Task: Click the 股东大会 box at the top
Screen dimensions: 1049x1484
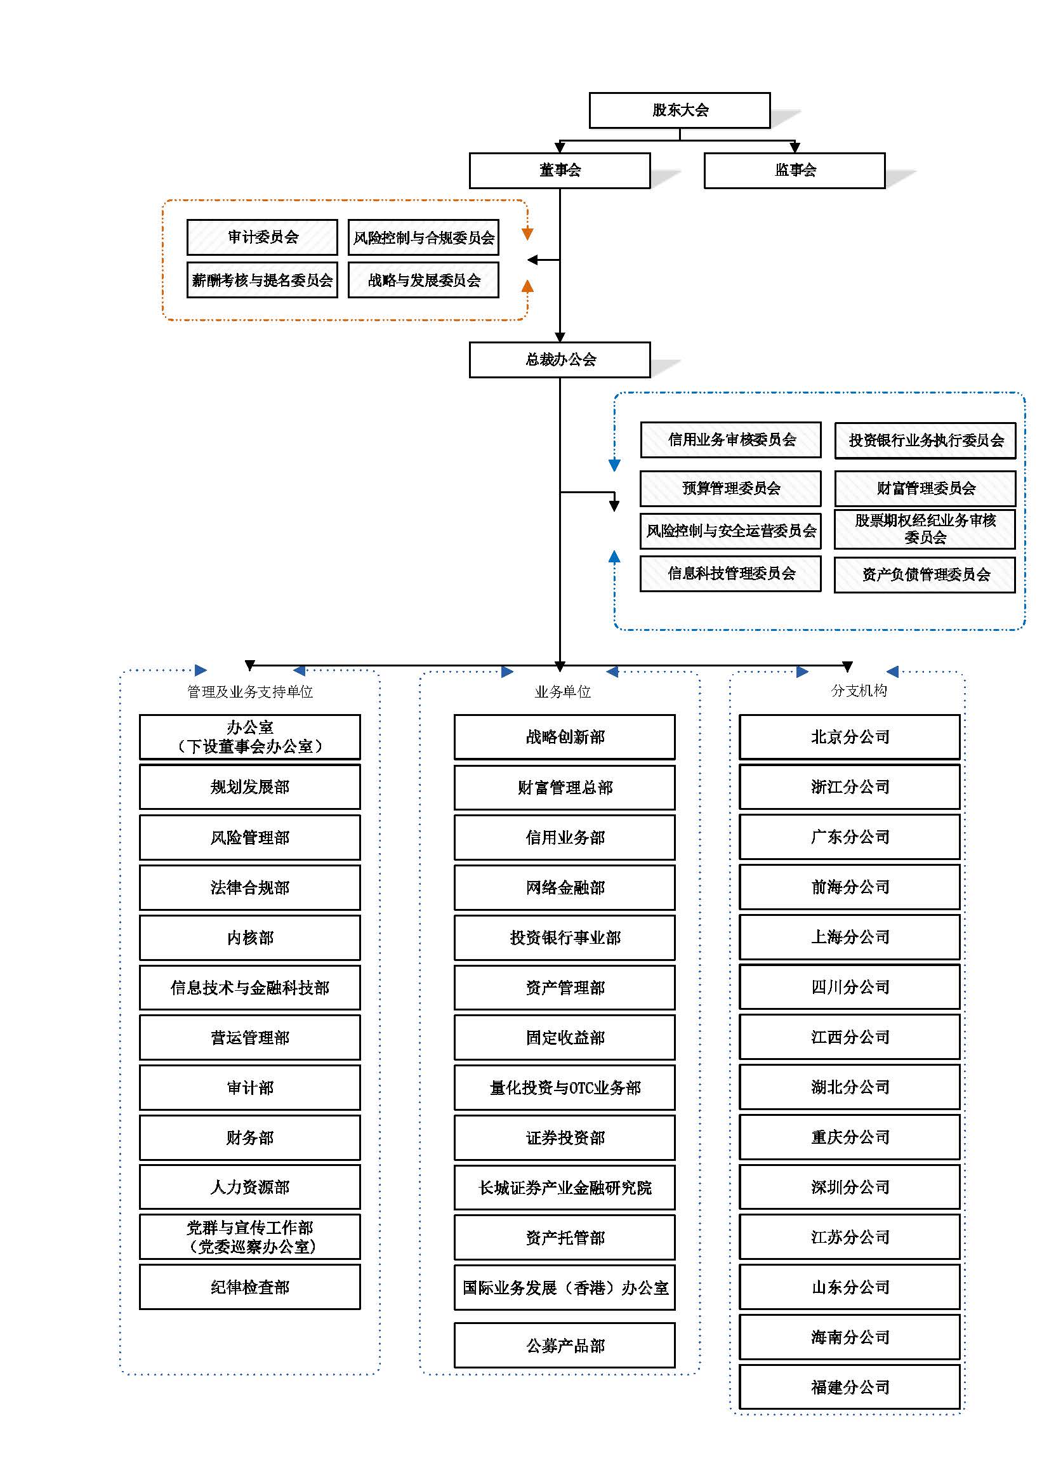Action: pyautogui.click(x=679, y=110)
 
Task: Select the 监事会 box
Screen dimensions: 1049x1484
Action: pyautogui.click(x=795, y=170)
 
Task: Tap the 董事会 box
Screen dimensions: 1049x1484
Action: pyautogui.click(x=560, y=170)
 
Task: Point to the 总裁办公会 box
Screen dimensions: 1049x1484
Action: pyautogui.click(x=560, y=359)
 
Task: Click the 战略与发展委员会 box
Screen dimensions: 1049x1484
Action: pyautogui.click(x=423, y=280)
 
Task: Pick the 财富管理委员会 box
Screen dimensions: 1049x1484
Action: pyautogui.click(x=925, y=488)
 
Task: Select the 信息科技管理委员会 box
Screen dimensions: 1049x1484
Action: pyautogui.click(x=731, y=573)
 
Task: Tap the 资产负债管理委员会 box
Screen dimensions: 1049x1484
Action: pyautogui.click(x=925, y=574)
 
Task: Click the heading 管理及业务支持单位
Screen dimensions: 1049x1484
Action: pyautogui.click(x=250, y=692)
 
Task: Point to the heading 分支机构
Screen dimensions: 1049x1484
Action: pyautogui.click(x=859, y=691)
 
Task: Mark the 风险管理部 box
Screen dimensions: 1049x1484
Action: pyautogui.click(x=250, y=837)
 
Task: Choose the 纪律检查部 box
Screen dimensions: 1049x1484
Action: pyautogui.click(x=250, y=1287)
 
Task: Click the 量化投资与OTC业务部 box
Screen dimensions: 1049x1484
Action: pyautogui.click(x=565, y=1088)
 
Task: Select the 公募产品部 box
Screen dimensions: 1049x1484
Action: pyautogui.click(x=565, y=1345)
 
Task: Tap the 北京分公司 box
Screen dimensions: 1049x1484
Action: pyautogui.click(x=850, y=737)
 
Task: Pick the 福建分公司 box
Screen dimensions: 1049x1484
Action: pyautogui.click(x=850, y=1386)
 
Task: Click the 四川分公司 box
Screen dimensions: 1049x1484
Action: pyautogui.click(x=850, y=987)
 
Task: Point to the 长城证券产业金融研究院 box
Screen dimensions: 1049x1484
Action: pyautogui.click(x=565, y=1188)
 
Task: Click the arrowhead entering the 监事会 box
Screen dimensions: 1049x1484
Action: pyautogui.click(x=795, y=148)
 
